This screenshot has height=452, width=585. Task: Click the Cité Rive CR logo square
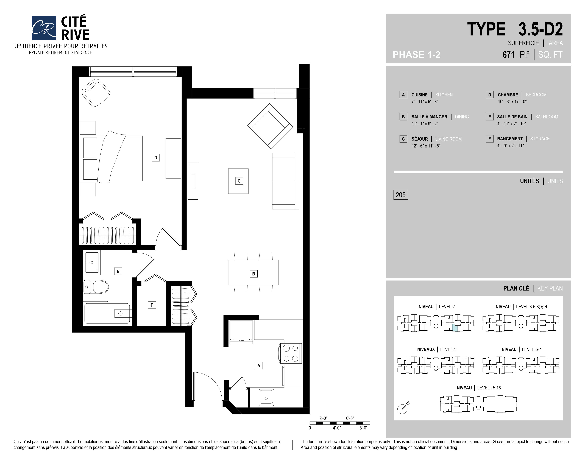pos(44,28)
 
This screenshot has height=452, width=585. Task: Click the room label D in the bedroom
pos(156,158)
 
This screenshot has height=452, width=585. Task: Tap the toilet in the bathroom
pos(96,287)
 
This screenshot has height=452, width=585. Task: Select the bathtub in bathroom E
pos(108,313)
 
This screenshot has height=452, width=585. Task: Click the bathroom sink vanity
pos(92,262)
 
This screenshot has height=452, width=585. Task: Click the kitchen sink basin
pos(266,397)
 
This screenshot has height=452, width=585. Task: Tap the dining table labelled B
pos(253,272)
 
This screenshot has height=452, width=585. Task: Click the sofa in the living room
pos(286,181)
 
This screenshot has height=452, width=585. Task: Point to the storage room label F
pos(152,305)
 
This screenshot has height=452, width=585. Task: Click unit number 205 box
pos(400,195)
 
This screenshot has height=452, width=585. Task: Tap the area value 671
pos(508,55)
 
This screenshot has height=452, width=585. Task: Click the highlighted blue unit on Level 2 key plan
pos(455,328)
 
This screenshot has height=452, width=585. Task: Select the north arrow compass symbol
pos(403,408)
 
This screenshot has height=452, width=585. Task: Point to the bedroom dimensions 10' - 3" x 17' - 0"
pos(512,102)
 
